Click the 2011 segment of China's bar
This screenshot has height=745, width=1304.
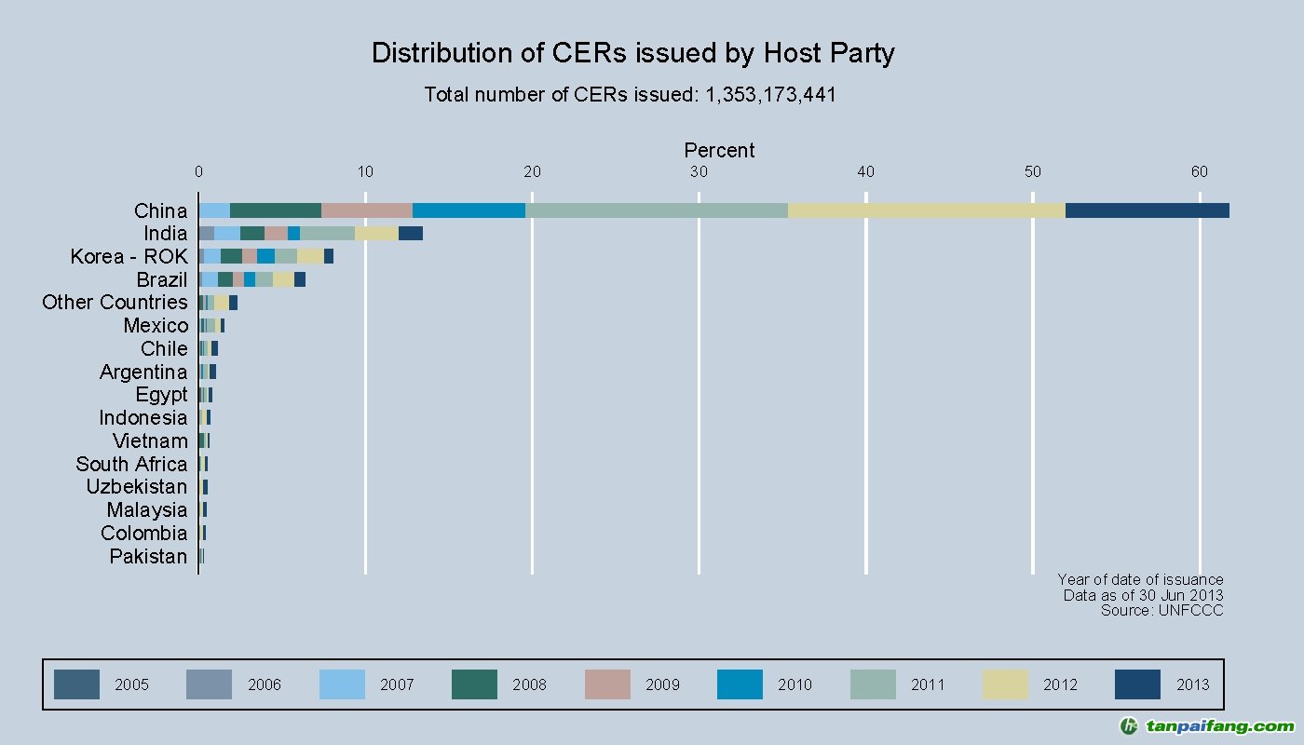[x=657, y=210]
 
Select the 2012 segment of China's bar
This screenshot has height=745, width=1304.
[x=926, y=210]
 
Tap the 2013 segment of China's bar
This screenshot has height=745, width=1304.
[x=1147, y=210]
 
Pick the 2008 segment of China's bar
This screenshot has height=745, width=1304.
[x=276, y=210]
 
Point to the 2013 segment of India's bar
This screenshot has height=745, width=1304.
[x=411, y=234]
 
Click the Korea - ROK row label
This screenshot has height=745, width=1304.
[x=129, y=256]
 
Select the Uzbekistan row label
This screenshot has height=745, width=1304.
[x=136, y=487]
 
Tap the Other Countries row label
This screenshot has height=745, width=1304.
[x=115, y=303]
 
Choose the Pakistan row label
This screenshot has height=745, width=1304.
[x=148, y=556]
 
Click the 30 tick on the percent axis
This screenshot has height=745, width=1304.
[x=699, y=172]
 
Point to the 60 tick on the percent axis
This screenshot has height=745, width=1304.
[x=1200, y=172]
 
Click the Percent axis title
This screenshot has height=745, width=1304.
[x=719, y=151]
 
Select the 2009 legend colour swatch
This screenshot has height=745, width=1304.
[x=607, y=684]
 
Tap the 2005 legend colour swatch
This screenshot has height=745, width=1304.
[x=76, y=684]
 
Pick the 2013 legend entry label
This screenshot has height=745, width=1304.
[x=1192, y=684]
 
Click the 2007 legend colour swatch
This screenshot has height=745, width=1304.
[x=342, y=684]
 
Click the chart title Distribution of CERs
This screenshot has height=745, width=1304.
[x=632, y=53]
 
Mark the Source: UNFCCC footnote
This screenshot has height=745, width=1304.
[x=1161, y=611]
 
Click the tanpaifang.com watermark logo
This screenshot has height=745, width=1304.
[x=1206, y=726]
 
